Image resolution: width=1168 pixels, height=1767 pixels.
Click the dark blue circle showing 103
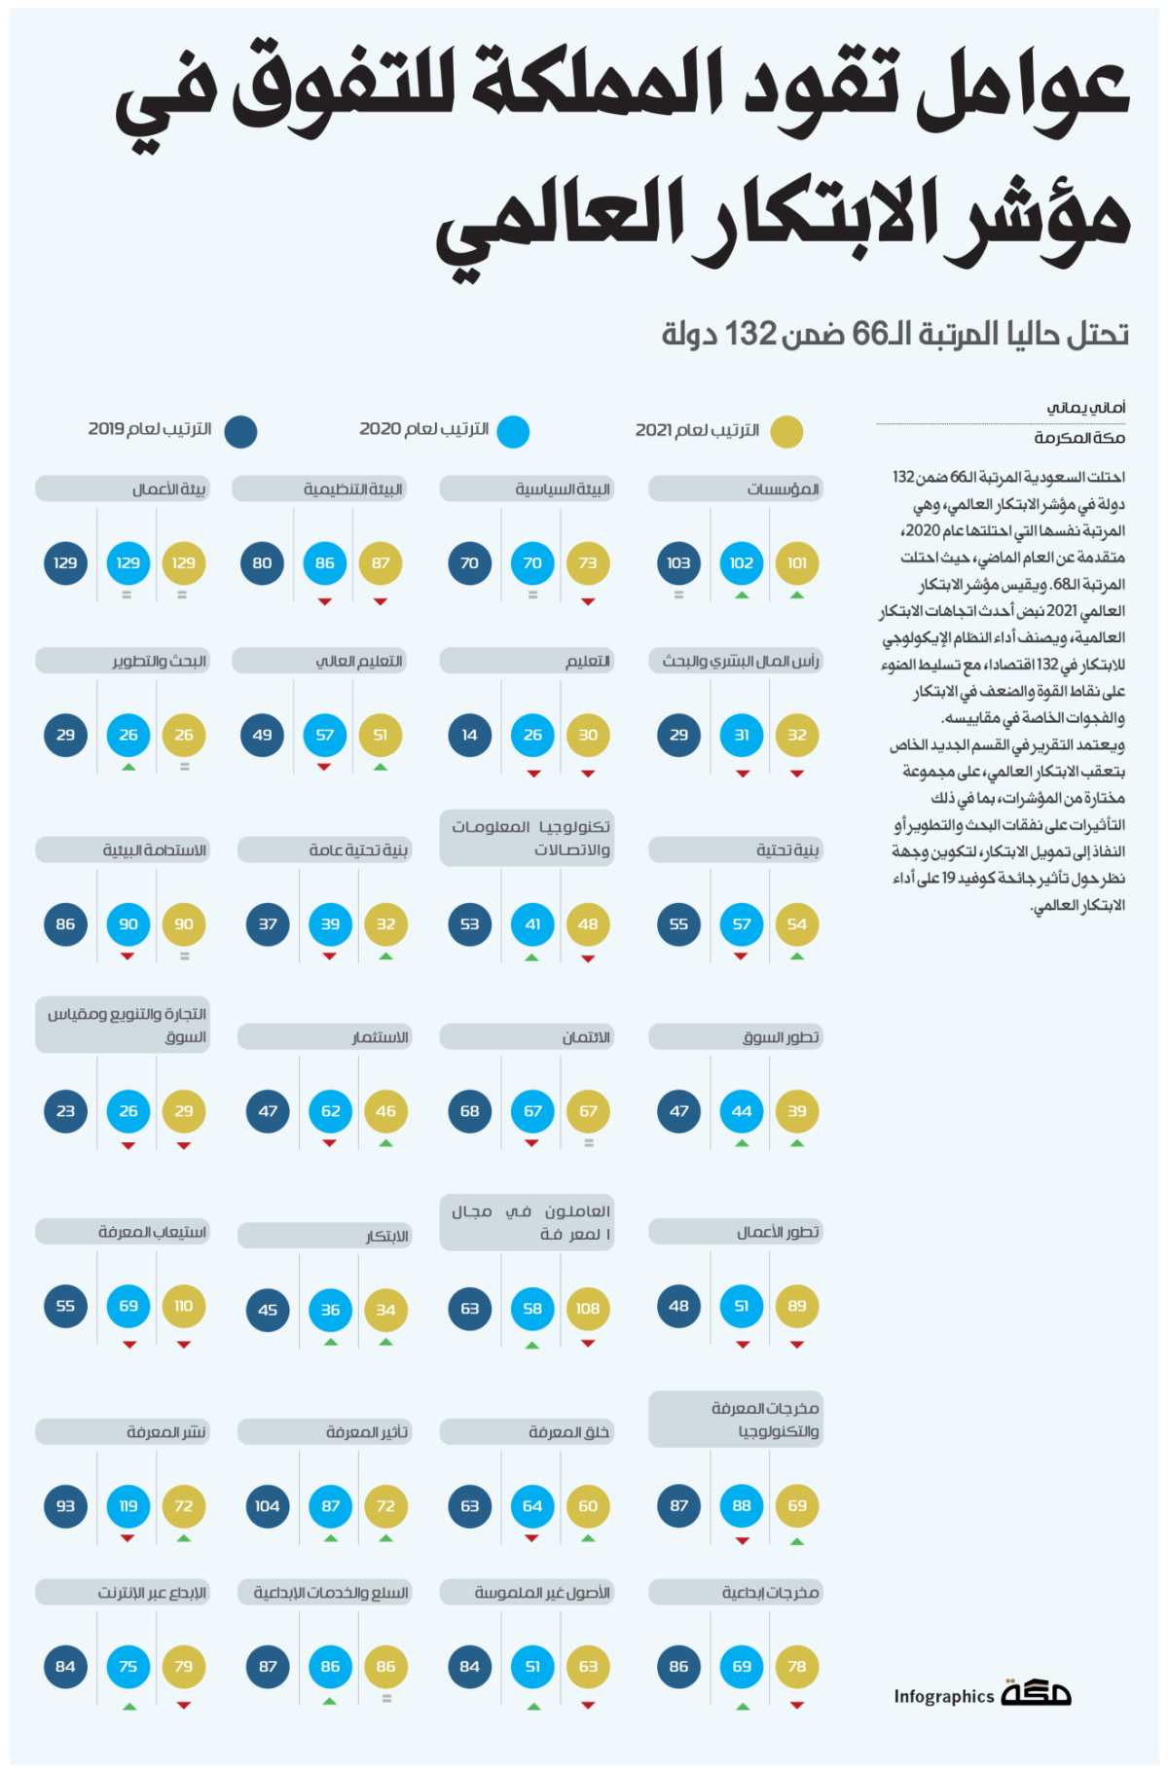678,563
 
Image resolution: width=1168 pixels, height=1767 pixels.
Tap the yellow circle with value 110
184,1306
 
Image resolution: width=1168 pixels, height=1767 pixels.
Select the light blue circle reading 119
128,1506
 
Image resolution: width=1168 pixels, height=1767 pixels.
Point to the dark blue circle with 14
470,736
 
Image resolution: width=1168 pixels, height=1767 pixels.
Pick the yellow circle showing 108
588,1309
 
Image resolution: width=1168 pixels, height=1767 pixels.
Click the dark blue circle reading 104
268,1506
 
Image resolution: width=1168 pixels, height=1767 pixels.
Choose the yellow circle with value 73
588,563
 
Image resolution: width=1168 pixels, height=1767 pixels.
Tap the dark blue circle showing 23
65,1111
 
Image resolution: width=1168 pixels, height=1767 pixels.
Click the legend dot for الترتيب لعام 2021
786,431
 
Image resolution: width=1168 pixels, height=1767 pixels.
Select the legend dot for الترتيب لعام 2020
513,431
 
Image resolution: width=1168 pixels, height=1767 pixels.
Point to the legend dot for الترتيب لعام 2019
240,431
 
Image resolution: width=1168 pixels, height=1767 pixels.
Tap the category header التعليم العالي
319,662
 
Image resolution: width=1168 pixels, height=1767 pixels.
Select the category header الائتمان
527,1037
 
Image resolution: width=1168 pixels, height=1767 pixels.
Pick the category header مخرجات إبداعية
736,1593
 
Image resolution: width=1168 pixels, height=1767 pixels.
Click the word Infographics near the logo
943,1697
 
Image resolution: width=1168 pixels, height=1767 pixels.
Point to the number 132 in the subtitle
750,334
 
